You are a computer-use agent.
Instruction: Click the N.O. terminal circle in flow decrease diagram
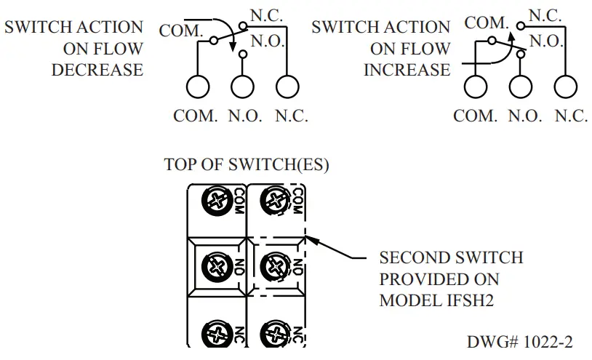click(243, 87)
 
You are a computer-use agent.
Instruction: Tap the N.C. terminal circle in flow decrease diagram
click(288, 87)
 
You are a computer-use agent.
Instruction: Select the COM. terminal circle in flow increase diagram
click(477, 87)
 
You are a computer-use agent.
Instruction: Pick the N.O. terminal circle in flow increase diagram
click(521, 87)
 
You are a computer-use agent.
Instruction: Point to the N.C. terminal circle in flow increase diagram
click(566, 87)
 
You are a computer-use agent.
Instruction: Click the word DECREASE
click(97, 71)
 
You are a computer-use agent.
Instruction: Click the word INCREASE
click(407, 71)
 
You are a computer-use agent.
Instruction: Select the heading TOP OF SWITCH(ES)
click(247, 165)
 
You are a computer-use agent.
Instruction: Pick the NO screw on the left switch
click(216, 265)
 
